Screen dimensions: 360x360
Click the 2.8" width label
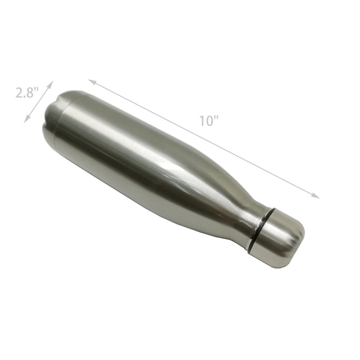[x=27, y=93]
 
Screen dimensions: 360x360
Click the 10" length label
[x=208, y=121]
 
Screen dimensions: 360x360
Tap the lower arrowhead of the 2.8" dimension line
[x=26, y=120]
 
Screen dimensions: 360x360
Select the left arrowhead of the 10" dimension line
[x=91, y=81]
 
